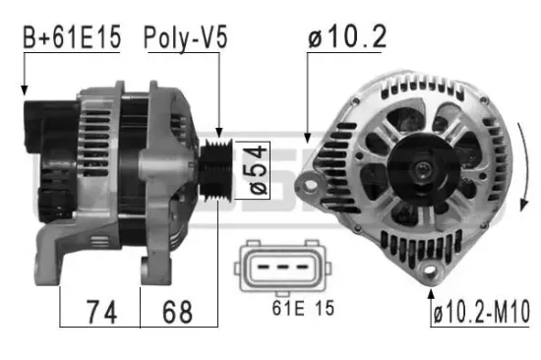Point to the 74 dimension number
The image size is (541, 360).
click(98, 313)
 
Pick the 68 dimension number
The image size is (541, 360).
click(178, 313)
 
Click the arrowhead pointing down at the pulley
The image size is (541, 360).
click(219, 132)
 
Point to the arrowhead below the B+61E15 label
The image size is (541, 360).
click(23, 91)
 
